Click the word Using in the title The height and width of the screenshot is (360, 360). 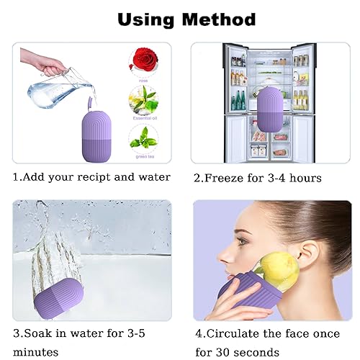pyautogui.click(x=148, y=19)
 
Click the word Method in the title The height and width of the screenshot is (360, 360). pyautogui.click(x=220, y=19)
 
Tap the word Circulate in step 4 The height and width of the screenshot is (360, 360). pyautogui.click(x=238, y=334)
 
